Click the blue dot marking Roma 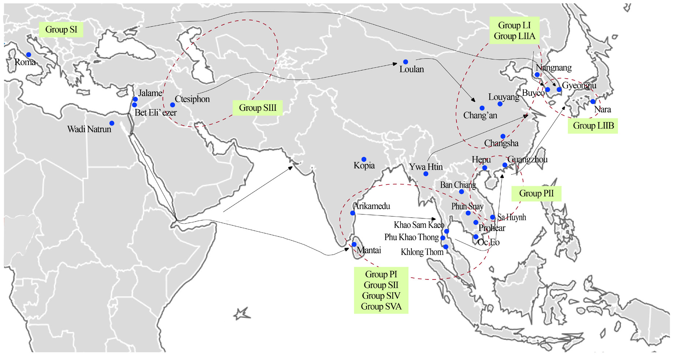29,55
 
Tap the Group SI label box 61,29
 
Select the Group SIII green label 257,108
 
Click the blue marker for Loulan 405,62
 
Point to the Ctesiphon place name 192,99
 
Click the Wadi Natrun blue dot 112,123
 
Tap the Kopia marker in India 364,159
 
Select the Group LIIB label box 593,125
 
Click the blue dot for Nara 593,102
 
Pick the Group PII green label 536,193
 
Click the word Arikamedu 372,206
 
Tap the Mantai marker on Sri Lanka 354,244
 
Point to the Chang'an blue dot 482,108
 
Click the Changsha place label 501,143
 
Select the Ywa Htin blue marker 425,174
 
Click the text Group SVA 381,307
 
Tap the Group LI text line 514,25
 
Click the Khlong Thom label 422,252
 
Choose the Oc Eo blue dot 475,237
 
